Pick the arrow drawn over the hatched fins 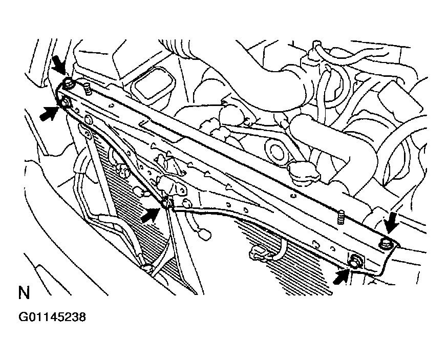click(x=150, y=215)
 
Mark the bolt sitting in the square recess click(x=354, y=261)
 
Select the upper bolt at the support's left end click(x=69, y=82)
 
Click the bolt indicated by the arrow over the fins click(x=165, y=203)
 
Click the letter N click(x=24, y=293)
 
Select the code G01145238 click(x=52, y=317)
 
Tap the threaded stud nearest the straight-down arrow click(x=340, y=217)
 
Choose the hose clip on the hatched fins click(x=260, y=252)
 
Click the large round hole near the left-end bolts click(x=88, y=120)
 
